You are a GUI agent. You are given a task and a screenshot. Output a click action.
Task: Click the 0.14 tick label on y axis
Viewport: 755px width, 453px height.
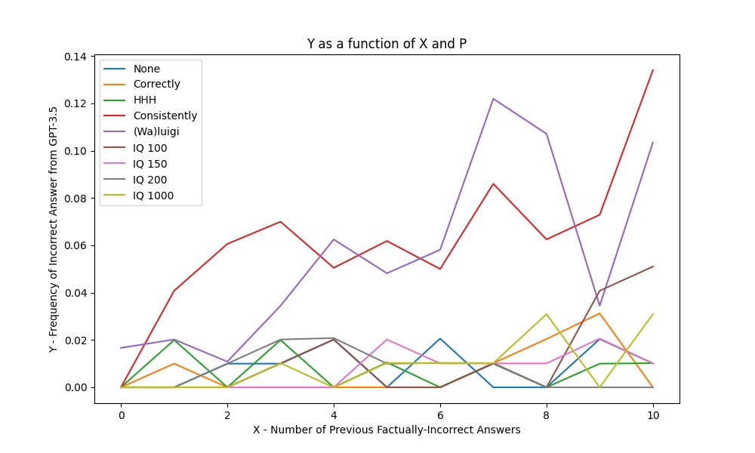(75, 57)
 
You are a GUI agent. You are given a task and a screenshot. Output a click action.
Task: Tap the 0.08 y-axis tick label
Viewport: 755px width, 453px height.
(75, 199)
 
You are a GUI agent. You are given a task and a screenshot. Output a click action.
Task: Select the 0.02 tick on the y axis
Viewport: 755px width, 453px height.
(75, 341)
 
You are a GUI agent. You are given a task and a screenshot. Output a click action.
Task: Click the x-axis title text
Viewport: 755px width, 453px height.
(387, 430)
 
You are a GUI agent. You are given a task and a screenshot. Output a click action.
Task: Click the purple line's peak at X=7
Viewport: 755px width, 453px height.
(493, 99)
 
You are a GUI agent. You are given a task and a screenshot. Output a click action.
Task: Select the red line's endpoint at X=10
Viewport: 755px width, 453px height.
(653, 70)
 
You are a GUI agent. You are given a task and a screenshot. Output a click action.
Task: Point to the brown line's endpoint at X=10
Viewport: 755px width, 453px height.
(653, 267)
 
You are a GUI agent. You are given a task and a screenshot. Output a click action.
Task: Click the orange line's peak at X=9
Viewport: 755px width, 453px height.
(599, 313)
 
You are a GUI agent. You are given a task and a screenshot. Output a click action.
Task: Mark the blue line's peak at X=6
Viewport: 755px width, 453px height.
(440, 338)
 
